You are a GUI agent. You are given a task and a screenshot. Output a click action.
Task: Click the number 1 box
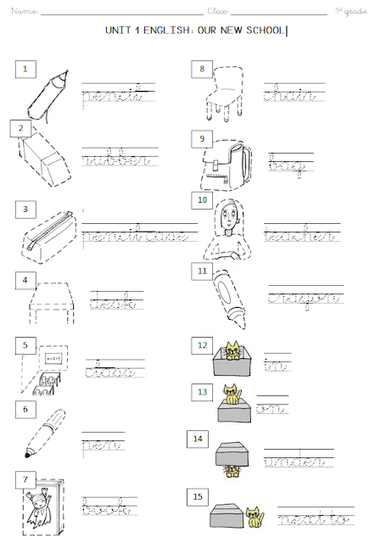pos(26,68)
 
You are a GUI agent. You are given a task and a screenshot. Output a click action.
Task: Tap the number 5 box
pos(26,345)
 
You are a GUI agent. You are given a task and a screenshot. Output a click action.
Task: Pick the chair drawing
pos(223,96)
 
